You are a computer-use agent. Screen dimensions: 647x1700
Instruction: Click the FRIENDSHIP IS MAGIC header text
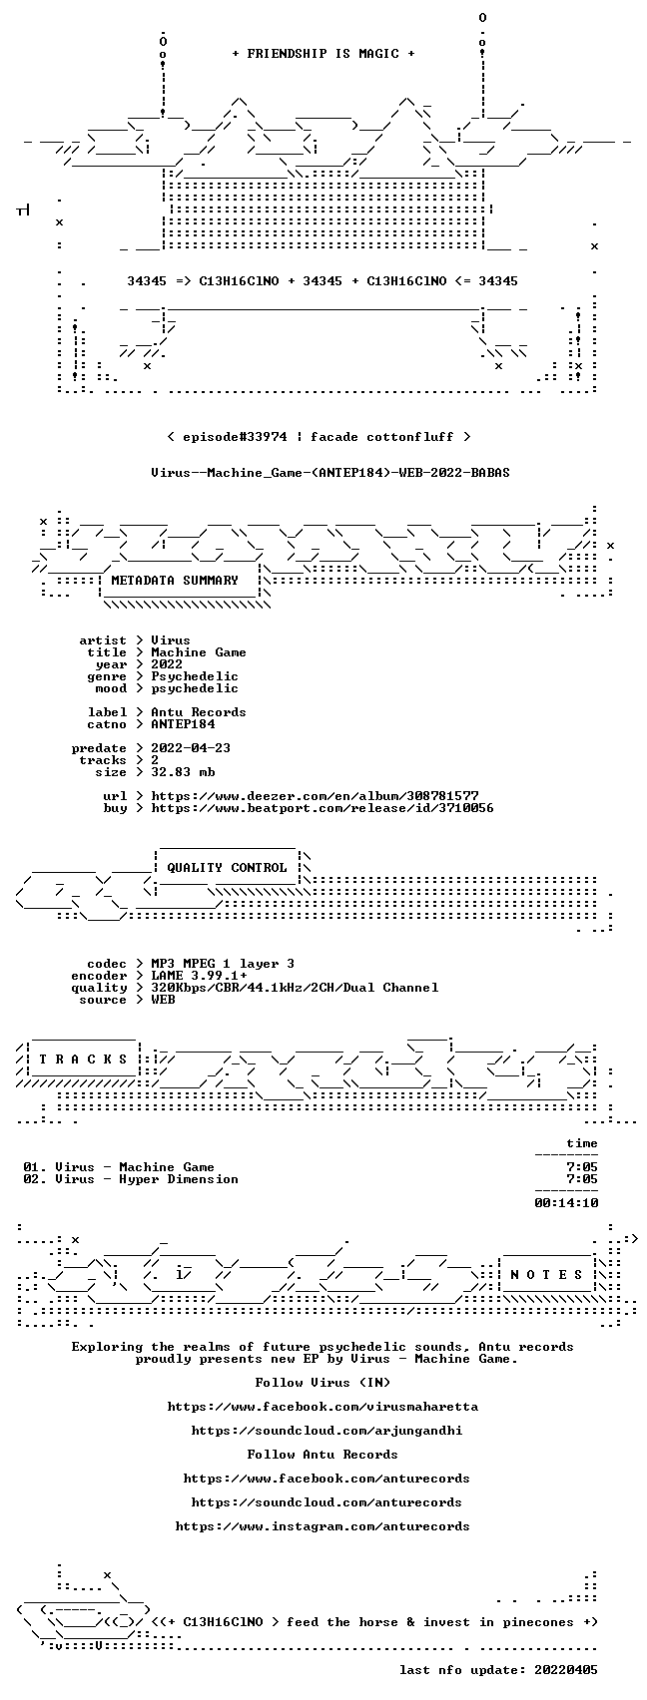click(x=323, y=53)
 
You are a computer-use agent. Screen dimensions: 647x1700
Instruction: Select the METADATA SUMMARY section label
click(x=175, y=580)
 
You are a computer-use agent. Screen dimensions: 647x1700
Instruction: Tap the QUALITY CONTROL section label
click(x=227, y=867)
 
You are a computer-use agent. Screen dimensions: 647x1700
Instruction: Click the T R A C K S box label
click(x=83, y=1059)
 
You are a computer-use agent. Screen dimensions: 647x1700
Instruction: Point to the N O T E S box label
click(x=546, y=1274)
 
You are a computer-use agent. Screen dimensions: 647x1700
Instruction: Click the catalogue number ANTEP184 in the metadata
click(x=183, y=724)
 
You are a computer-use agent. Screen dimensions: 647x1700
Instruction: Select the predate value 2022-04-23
click(x=191, y=747)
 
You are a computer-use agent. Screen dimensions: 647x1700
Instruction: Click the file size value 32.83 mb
click(x=183, y=772)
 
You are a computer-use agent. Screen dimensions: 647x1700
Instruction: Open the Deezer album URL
click(x=316, y=796)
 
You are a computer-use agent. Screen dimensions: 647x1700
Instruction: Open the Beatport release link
click(x=322, y=807)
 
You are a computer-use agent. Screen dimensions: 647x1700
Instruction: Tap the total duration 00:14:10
click(x=566, y=1203)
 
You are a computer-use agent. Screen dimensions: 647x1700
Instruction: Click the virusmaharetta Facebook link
click(x=323, y=1407)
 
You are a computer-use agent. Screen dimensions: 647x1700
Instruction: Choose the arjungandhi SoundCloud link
click(x=326, y=1430)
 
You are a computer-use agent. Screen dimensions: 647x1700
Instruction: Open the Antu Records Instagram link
click(x=323, y=1526)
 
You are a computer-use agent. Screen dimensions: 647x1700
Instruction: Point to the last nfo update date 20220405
click(x=566, y=1670)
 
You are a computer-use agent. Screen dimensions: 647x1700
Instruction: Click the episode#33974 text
click(x=235, y=436)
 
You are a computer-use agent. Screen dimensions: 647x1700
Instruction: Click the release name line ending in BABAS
click(x=330, y=472)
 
